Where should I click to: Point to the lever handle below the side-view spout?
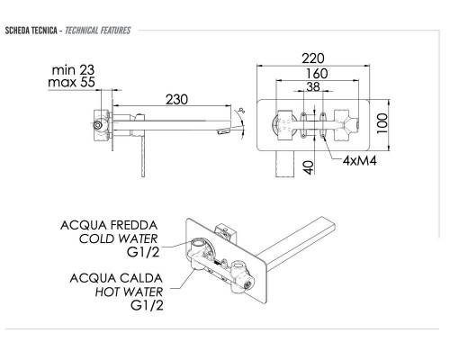pos(140,148)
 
